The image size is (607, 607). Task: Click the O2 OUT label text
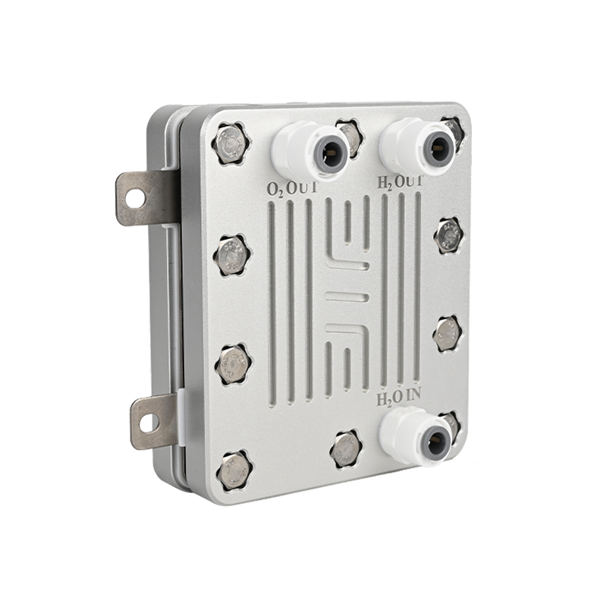click(292, 188)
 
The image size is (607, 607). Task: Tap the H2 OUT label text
click(400, 182)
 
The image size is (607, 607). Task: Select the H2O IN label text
click(398, 398)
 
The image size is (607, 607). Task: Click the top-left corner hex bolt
click(231, 143)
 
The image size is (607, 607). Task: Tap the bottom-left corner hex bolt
click(234, 470)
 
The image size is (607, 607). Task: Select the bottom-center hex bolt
click(346, 448)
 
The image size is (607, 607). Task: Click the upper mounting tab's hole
click(135, 197)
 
